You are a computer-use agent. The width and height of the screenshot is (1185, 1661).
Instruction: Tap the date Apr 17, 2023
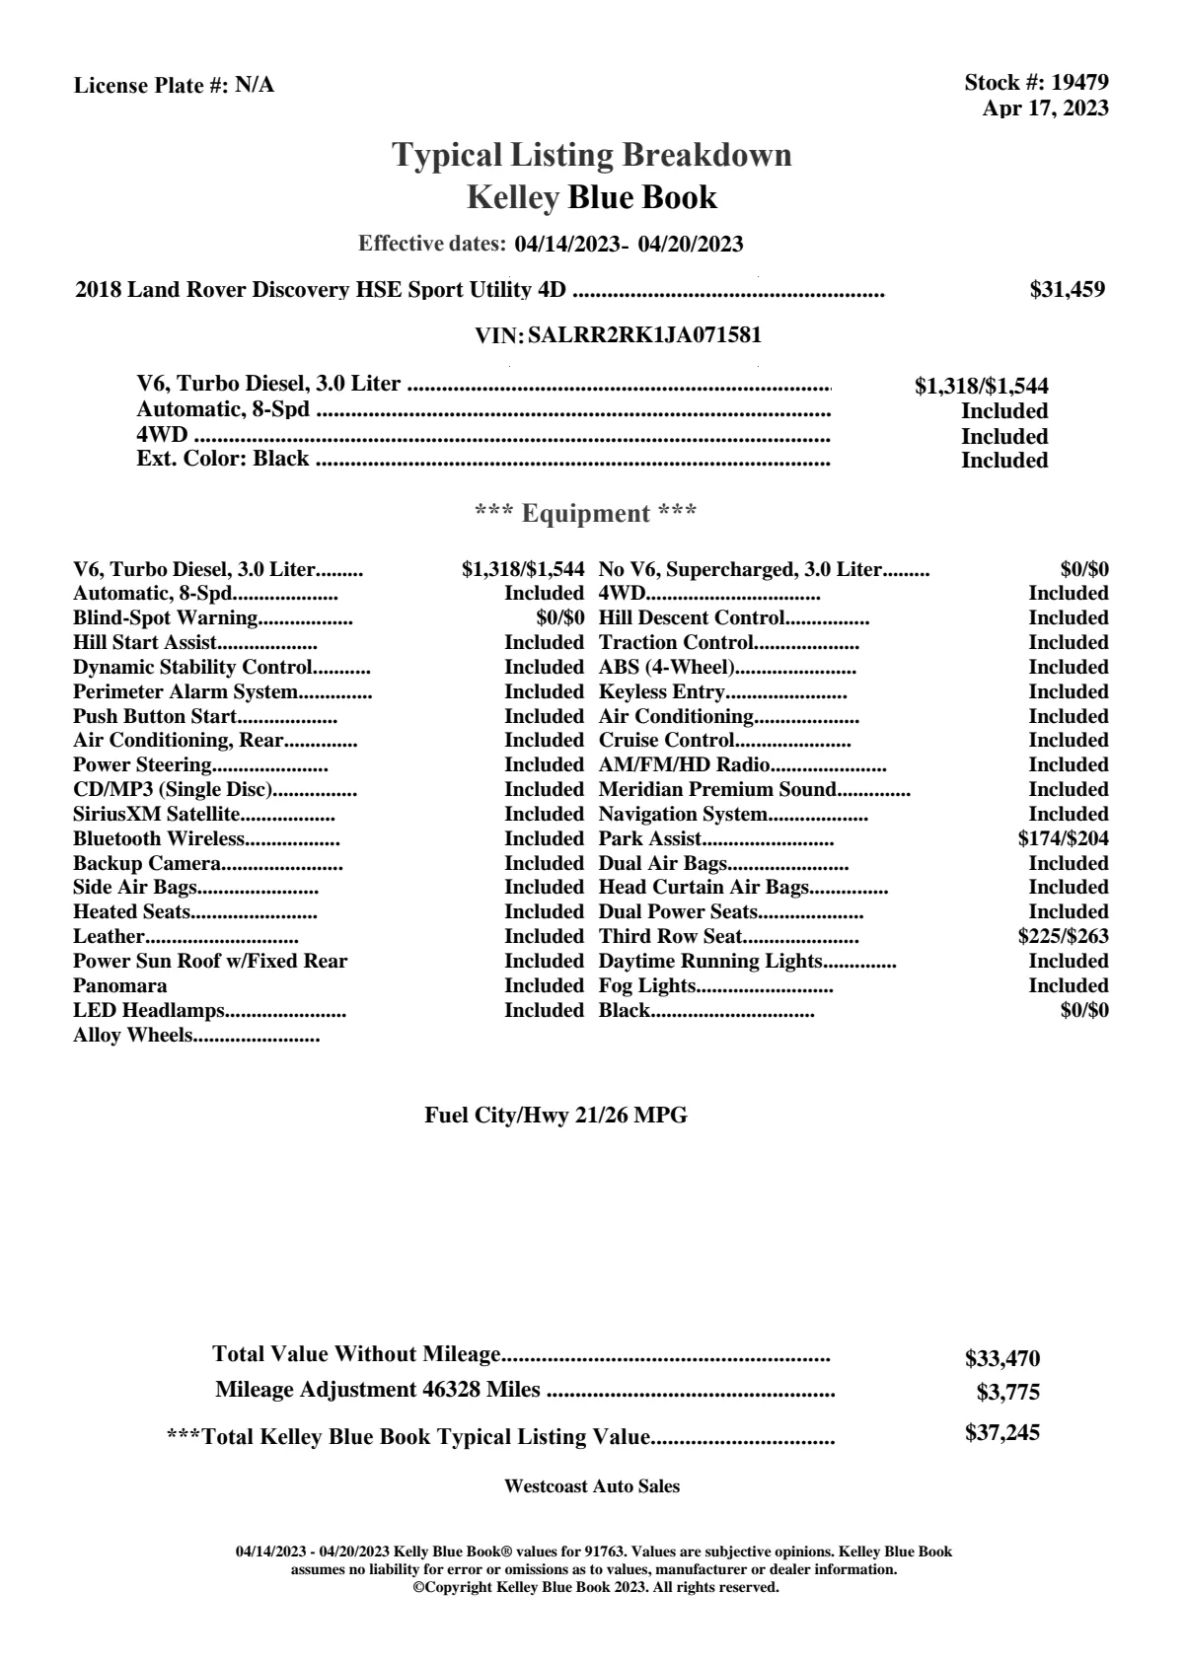(x=1045, y=108)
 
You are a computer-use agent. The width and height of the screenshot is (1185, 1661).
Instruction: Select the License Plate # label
(x=152, y=86)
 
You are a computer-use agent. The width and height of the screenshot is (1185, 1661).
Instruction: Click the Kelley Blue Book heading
(x=591, y=197)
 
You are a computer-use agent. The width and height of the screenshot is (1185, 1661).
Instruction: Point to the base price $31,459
(x=1067, y=290)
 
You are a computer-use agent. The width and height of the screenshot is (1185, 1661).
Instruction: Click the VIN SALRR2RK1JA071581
(x=644, y=335)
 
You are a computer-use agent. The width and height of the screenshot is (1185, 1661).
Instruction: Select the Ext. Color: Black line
(x=223, y=459)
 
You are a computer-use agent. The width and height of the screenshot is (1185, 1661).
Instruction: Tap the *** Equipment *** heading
(x=586, y=514)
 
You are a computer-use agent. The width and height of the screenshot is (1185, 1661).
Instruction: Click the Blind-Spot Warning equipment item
(x=165, y=618)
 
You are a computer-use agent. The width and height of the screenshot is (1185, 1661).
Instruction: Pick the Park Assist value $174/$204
(x=1063, y=839)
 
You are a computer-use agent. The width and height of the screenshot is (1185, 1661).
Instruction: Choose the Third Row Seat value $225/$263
(x=1063, y=937)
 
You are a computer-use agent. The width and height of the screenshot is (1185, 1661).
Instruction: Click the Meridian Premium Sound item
(x=717, y=790)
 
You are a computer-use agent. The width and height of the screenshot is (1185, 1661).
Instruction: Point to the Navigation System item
(x=683, y=815)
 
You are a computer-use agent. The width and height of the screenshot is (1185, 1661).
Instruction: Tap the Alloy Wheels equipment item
(x=133, y=1036)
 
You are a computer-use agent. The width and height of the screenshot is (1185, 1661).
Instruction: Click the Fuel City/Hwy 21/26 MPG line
(x=555, y=1116)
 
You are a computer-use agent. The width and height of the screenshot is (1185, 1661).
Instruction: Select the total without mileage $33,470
(x=1001, y=1359)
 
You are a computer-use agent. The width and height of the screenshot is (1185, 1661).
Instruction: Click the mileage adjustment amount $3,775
(x=1007, y=1393)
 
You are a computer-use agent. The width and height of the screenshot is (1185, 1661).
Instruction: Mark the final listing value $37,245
(x=1001, y=1433)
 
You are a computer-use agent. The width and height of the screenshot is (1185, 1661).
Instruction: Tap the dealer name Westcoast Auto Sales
(x=591, y=1486)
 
